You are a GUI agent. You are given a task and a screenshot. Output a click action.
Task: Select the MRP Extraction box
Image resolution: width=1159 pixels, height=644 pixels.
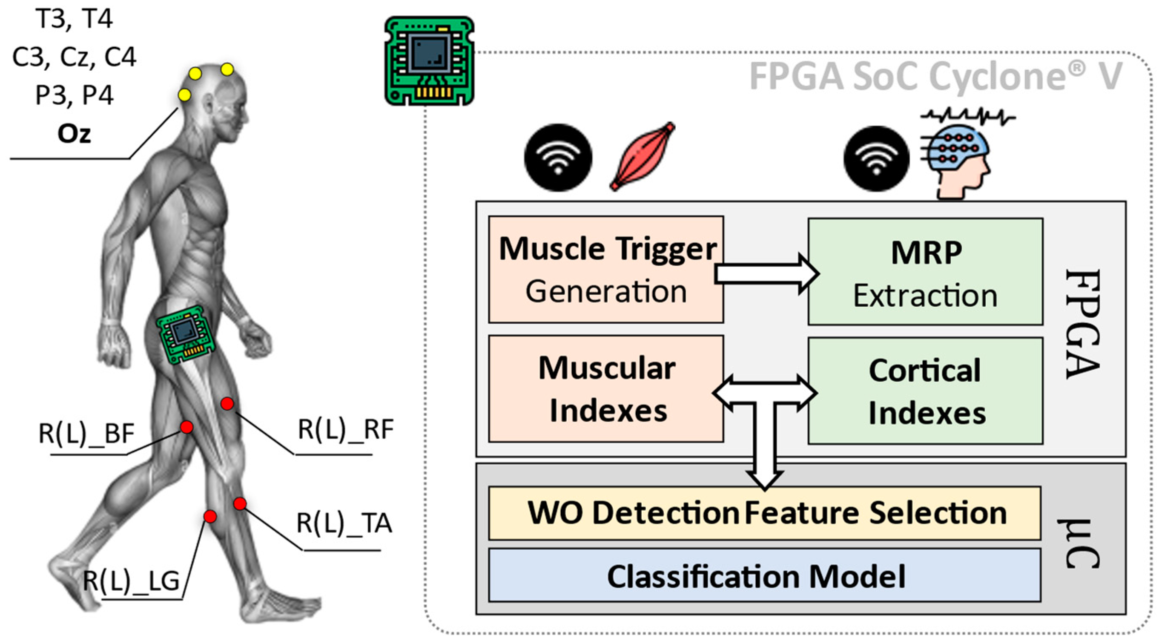click(925, 272)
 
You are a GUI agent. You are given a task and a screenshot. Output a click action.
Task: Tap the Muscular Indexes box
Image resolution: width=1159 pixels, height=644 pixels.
click(605, 388)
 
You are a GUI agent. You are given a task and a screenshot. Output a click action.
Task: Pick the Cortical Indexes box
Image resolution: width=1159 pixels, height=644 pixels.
click(925, 391)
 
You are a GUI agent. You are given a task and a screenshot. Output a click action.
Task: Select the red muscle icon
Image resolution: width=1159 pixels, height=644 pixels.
click(643, 157)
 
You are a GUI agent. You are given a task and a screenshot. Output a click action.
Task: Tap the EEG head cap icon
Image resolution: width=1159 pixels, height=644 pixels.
click(956, 160)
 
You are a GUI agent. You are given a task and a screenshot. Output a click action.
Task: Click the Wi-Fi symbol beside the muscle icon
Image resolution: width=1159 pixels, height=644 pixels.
click(558, 158)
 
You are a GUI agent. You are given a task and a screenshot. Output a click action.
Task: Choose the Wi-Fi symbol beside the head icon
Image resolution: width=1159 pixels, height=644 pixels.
click(876, 159)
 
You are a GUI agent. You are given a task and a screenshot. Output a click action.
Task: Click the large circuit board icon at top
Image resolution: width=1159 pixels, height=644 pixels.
click(429, 61)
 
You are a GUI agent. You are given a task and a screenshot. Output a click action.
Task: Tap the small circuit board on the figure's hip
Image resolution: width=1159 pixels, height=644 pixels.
click(185, 333)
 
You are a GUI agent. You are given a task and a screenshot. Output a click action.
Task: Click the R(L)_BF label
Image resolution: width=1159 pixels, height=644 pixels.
click(86, 434)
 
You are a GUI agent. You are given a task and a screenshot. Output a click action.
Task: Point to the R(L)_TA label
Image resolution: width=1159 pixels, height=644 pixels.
click(344, 524)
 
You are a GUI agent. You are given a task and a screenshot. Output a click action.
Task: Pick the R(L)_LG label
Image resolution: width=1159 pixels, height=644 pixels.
click(132, 581)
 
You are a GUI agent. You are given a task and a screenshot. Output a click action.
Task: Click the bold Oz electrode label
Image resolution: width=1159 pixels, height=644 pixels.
click(74, 134)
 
